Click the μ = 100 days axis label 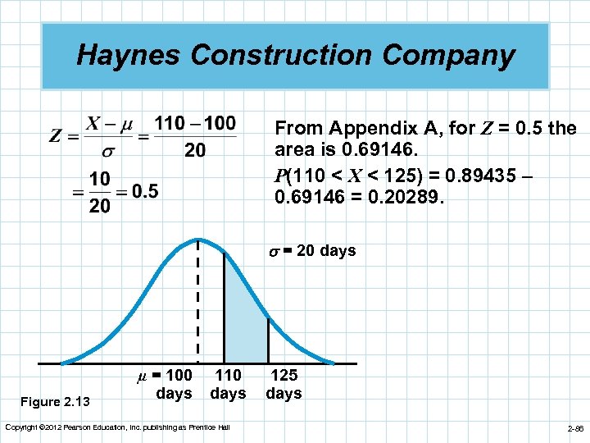tap(166, 384)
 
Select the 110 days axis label tap(228, 384)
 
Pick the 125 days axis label tap(284, 384)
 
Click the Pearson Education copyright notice tap(118, 427)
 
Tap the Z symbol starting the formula tap(55, 136)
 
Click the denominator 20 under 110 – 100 tap(195, 150)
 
